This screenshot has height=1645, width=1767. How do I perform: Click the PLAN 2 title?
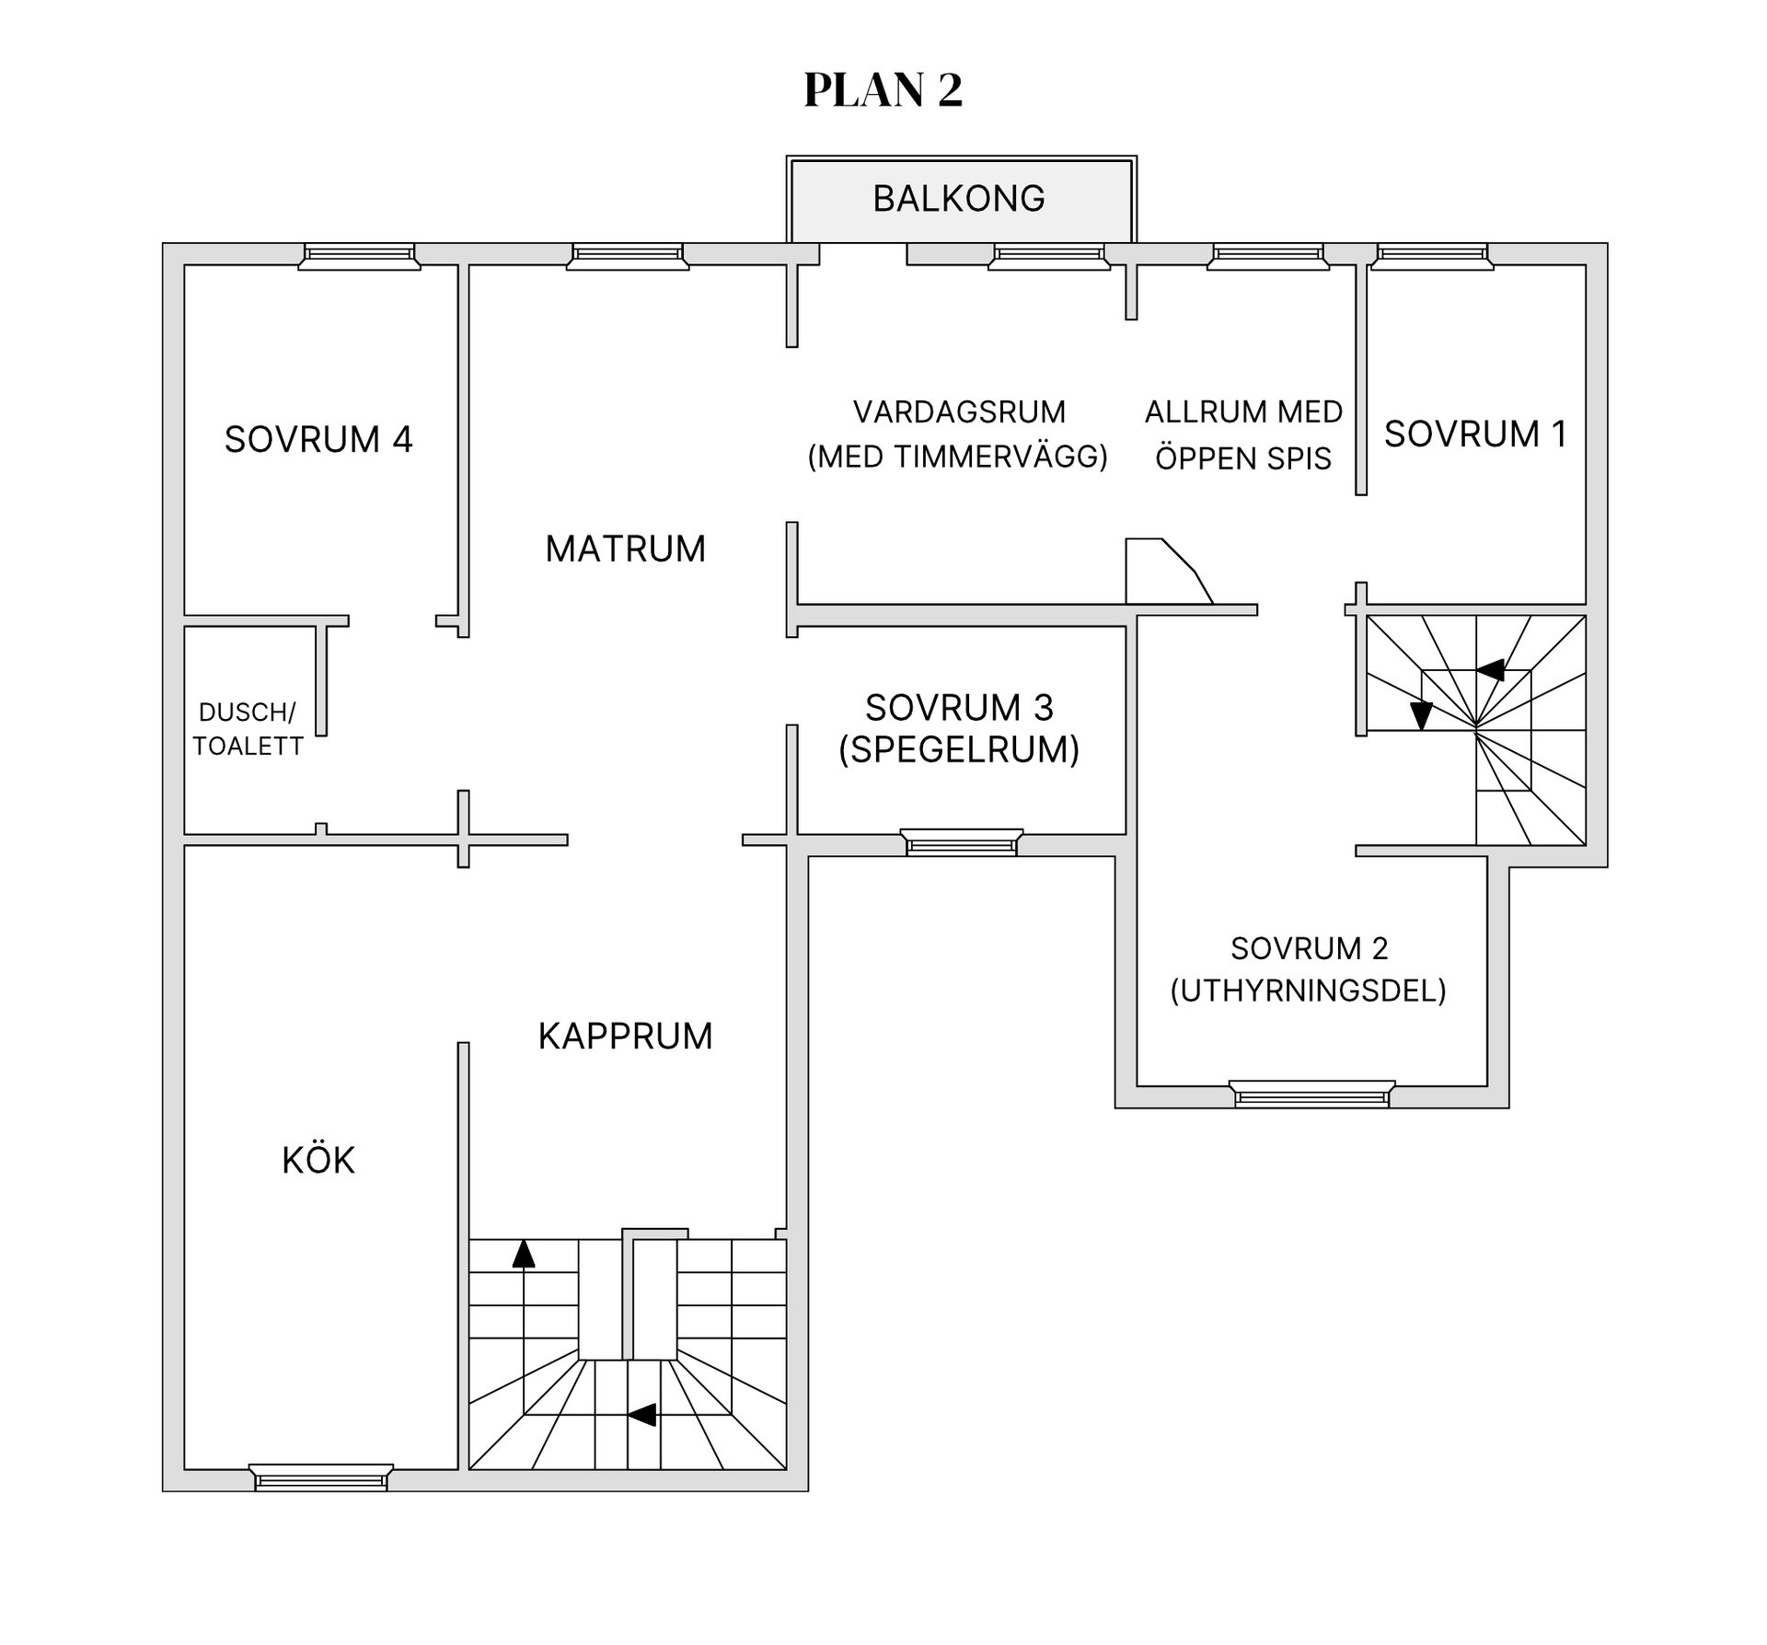point(883,90)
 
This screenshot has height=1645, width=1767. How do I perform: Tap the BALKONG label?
point(959,199)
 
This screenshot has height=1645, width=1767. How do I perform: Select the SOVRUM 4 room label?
point(318,439)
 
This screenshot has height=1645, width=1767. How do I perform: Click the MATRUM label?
point(625,549)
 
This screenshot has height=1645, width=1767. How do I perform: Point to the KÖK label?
point(318,1160)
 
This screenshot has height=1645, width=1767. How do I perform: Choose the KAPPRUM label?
point(625,1036)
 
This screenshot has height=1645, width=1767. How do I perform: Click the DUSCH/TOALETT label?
point(248,728)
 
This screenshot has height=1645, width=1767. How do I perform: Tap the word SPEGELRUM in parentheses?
point(959,749)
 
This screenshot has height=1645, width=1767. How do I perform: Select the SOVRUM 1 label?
point(1475,434)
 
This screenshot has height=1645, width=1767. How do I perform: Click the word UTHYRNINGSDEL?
point(1308,990)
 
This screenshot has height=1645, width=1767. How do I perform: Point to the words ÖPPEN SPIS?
point(1243,458)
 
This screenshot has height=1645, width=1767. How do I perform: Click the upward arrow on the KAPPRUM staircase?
point(524,1253)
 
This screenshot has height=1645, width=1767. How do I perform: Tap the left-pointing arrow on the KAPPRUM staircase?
point(641,1414)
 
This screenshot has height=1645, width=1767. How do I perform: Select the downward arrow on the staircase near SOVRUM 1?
point(1421,715)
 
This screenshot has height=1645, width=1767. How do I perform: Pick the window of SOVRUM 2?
point(1311,1095)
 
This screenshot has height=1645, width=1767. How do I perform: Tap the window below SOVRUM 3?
point(961,842)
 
